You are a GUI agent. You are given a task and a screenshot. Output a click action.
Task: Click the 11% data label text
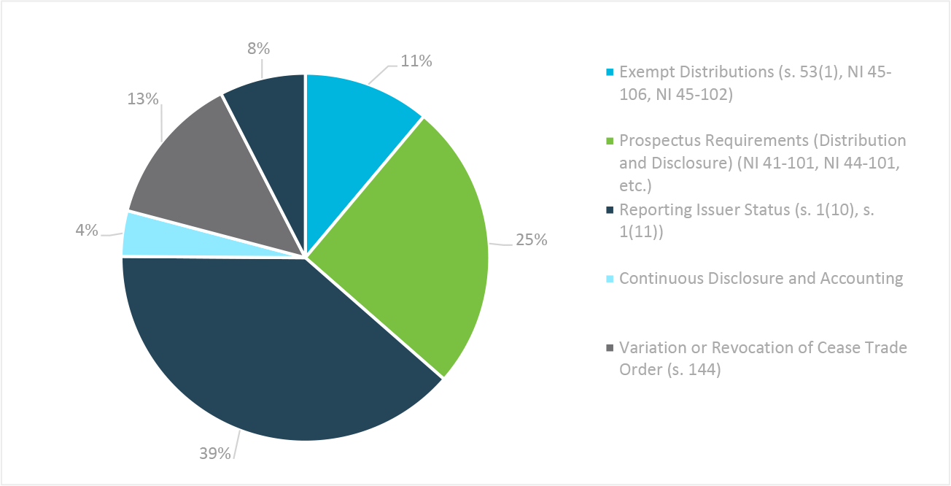tap(416, 61)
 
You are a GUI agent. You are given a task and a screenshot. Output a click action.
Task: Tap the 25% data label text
tap(531, 240)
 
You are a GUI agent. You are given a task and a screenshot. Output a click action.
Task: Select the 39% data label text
tap(215, 453)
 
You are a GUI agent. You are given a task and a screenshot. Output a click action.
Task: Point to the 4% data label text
tap(86, 231)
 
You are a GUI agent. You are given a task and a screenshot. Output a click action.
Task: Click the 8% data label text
tap(258, 49)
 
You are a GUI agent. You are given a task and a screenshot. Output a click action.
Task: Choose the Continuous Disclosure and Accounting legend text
tap(761, 278)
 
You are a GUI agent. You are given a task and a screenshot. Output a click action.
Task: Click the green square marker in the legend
tap(610, 141)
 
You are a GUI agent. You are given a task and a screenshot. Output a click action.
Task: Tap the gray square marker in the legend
tap(610, 348)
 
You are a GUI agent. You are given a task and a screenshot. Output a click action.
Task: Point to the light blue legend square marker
tap(610, 279)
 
